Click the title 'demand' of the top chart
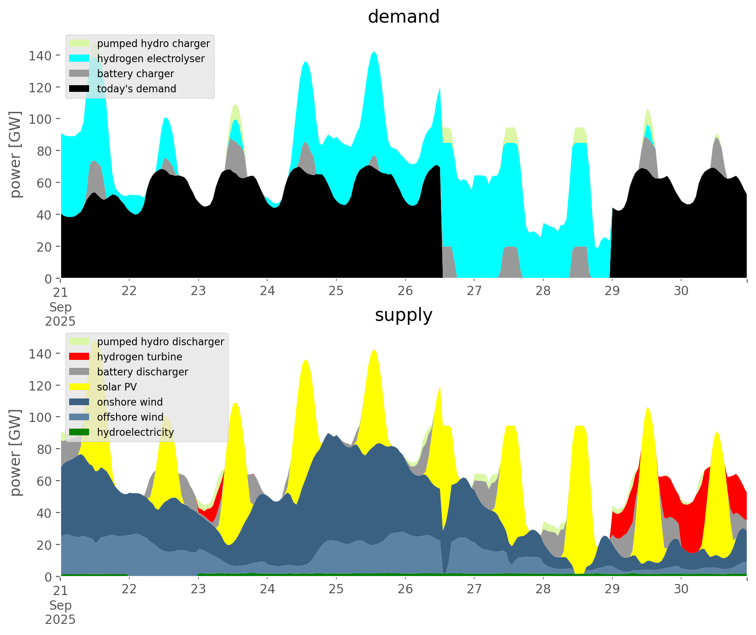(403, 17)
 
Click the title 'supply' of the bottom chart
(403, 315)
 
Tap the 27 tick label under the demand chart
(474, 291)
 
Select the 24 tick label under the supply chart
(267, 589)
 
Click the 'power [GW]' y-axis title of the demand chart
(16, 154)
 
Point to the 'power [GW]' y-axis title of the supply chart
(16, 453)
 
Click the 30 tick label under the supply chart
(681, 589)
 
